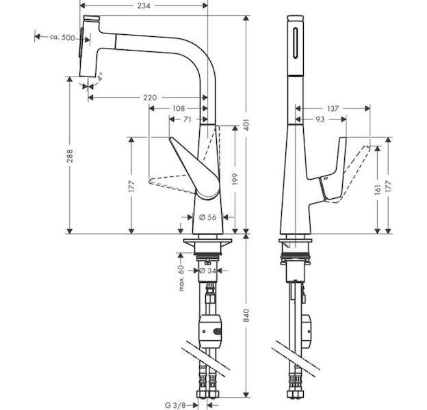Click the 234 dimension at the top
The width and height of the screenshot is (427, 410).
tap(144, 5)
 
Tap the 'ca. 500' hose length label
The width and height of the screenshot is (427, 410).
tap(62, 38)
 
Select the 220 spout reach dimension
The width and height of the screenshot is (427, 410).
tap(150, 97)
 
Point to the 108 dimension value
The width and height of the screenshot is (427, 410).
tap(179, 109)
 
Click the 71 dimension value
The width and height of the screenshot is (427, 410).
tap(187, 120)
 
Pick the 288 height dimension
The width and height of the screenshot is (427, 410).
tap(70, 156)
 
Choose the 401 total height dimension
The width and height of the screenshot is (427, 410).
tap(246, 124)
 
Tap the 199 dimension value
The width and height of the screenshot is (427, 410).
tap(235, 178)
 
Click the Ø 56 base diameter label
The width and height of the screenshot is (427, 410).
tap(207, 217)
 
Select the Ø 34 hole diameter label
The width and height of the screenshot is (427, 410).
tap(207, 271)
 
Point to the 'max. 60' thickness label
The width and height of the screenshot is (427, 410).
tap(181, 278)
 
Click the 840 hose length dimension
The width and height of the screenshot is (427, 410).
tap(246, 315)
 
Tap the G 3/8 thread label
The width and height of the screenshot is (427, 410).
tap(175, 405)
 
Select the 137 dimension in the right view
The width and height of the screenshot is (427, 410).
tap(333, 109)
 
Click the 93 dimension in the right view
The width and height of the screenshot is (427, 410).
tap(320, 120)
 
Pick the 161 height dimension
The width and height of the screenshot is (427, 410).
tap(377, 189)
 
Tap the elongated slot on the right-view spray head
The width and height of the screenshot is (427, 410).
tap(296, 42)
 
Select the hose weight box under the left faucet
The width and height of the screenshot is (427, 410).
tap(211, 331)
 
